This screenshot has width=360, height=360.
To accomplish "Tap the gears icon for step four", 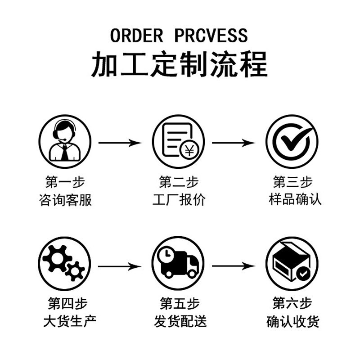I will click(65, 262).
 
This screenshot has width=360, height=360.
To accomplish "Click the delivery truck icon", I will click(179, 262).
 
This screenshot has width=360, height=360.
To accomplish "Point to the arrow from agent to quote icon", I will click(120, 143).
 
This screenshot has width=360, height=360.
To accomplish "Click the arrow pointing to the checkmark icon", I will click(234, 143).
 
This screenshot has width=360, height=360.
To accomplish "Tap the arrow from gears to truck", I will click(120, 266).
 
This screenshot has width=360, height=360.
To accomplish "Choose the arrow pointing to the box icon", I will click(234, 266).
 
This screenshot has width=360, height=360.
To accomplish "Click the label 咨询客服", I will click(66, 199).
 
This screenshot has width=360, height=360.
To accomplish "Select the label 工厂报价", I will click(179, 199).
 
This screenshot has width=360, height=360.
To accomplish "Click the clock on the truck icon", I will click(166, 254).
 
